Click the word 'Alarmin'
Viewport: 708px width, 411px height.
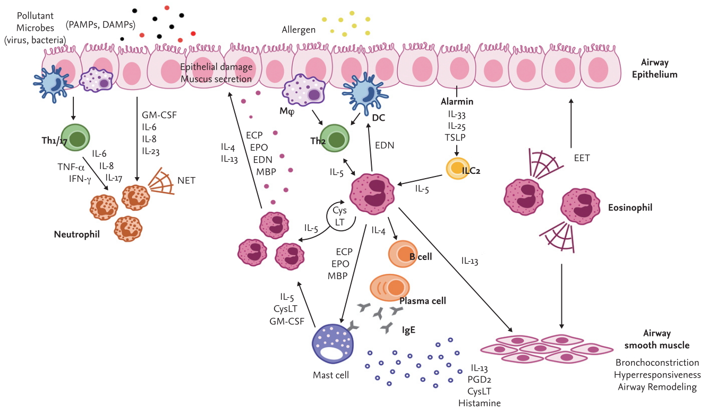coord(457,101)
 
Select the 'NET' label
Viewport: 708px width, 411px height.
coord(187,181)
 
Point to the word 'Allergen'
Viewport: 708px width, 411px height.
coord(298,30)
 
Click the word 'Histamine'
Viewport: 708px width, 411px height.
coord(479,403)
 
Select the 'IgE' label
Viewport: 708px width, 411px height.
coord(408,330)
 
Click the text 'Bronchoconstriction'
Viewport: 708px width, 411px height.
coord(657,363)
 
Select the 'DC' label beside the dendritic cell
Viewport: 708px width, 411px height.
coord(379,120)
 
